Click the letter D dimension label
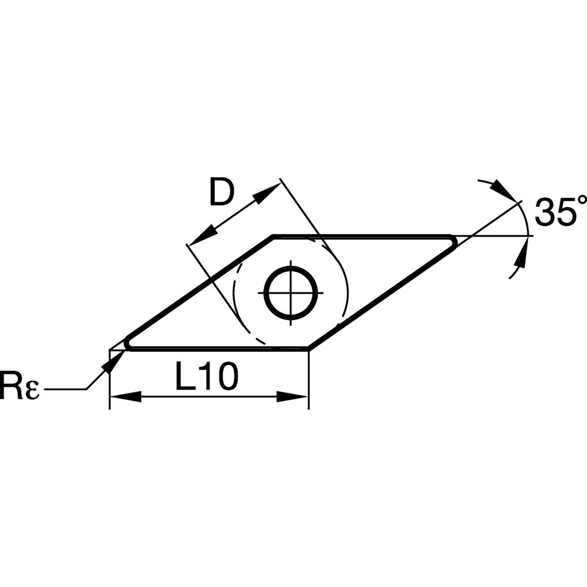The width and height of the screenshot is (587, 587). tap(222, 193)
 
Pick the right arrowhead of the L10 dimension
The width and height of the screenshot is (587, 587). tap(292, 397)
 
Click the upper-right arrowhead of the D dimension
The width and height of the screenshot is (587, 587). tap(267, 193)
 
